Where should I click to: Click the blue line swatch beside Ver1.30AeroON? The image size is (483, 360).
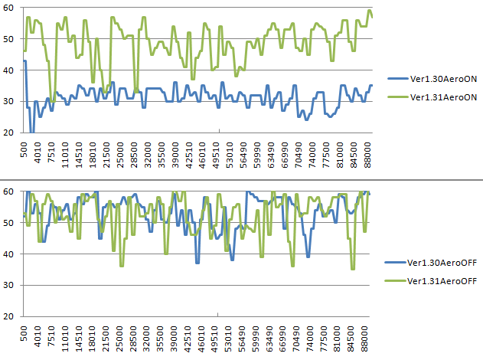click(398, 78)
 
